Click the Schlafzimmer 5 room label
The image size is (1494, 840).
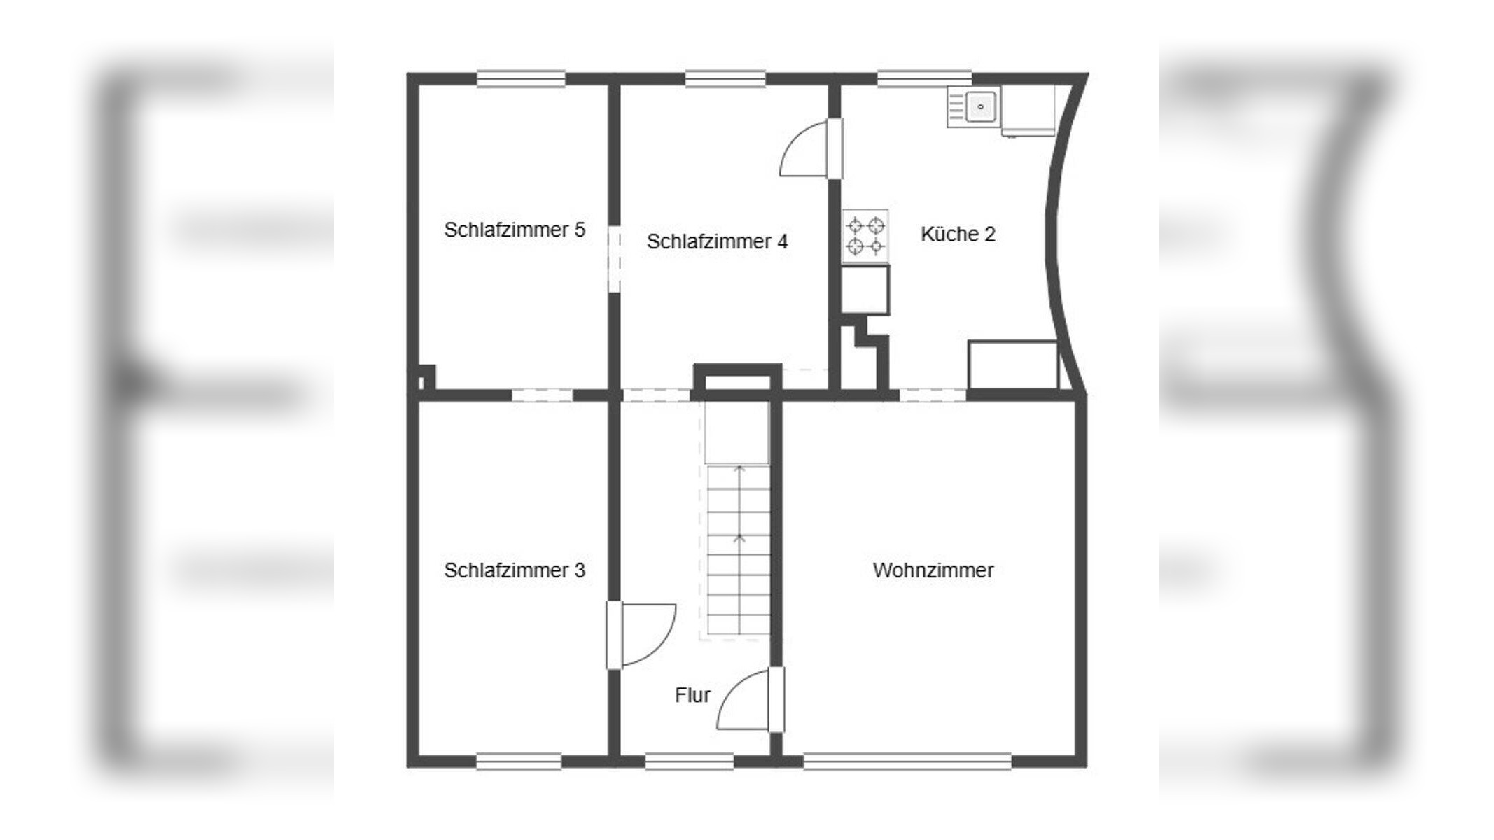[x=515, y=230]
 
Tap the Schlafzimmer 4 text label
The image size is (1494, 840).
[x=717, y=241]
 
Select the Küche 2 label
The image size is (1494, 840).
[x=958, y=234]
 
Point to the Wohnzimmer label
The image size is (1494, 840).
[x=933, y=570]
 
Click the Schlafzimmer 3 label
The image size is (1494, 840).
[x=515, y=570]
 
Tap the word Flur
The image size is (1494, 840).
[x=692, y=695]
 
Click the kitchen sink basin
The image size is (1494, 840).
[x=980, y=107]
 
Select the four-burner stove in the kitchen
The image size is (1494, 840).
[x=865, y=236]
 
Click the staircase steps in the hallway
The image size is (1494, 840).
[x=739, y=549]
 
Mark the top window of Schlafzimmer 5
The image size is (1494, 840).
[x=521, y=78]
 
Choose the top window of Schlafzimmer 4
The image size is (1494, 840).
[x=725, y=78]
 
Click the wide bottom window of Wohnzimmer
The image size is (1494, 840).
[x=907, y=762]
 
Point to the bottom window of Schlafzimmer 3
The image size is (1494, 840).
[x=519, y=762]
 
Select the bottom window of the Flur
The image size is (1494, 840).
[x=689, y=762]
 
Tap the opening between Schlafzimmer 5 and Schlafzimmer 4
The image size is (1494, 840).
[x=614, y=259]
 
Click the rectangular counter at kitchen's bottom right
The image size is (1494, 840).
[x=1013, y=365]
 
